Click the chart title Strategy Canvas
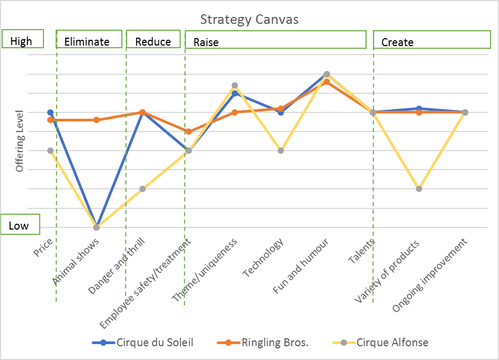[249, 20]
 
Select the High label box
[21, 41]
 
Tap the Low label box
[19, 225]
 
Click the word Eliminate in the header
[86, 42]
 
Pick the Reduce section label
[153, 42]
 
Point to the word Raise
[206, 42]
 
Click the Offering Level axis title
[20, 141]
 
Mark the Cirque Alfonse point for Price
[50, 151]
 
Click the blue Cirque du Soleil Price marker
[50, 112]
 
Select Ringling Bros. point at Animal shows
[96, 120]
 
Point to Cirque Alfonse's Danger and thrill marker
[142, 189]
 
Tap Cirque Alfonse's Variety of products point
[419, 189]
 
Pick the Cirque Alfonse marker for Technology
[281, 151]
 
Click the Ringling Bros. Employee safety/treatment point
[189, 131]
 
